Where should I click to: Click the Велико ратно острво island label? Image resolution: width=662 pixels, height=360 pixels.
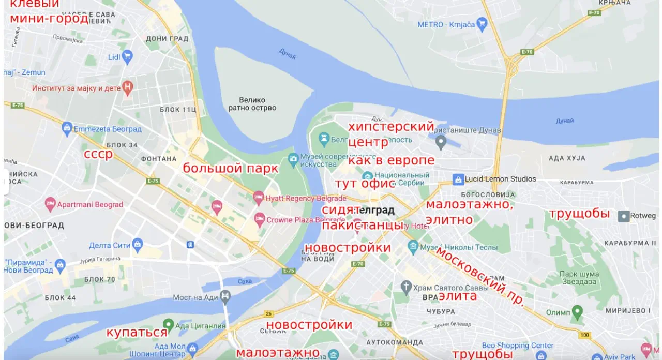(x=252, y=104)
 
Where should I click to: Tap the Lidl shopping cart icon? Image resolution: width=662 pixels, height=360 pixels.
(x=127, y=57)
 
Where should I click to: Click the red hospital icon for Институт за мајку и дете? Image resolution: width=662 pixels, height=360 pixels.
(x=127, y=87)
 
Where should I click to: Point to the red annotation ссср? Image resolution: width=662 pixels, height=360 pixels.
(x=98, y=154)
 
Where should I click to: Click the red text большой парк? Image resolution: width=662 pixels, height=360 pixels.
(x=230, y=168)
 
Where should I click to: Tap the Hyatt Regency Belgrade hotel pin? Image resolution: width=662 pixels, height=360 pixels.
(x=259, y=198)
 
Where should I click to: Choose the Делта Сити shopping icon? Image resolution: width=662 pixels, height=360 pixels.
(x=137, y=244)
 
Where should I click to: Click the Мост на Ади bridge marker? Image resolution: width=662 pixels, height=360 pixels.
(x=225, y=297)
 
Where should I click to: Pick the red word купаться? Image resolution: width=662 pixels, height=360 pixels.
(x=137, y=332)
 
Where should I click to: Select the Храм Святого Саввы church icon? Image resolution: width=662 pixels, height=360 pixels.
(x=407, y=287)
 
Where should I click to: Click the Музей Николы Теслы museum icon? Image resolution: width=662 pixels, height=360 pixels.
(x=413, y=246)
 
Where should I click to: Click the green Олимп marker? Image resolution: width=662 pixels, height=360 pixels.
(x=578, y=312)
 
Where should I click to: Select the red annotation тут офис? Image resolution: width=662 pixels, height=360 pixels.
(x=365, y=184)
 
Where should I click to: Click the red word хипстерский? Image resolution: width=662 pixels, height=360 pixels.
(x=390, y=127)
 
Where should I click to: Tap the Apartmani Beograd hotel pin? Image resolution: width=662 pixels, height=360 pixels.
(x=50, y=204)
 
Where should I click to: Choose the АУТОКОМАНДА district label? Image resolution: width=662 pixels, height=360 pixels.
(x=395, y=342)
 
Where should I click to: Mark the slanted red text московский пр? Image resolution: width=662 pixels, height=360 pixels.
(x=480, y=277)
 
